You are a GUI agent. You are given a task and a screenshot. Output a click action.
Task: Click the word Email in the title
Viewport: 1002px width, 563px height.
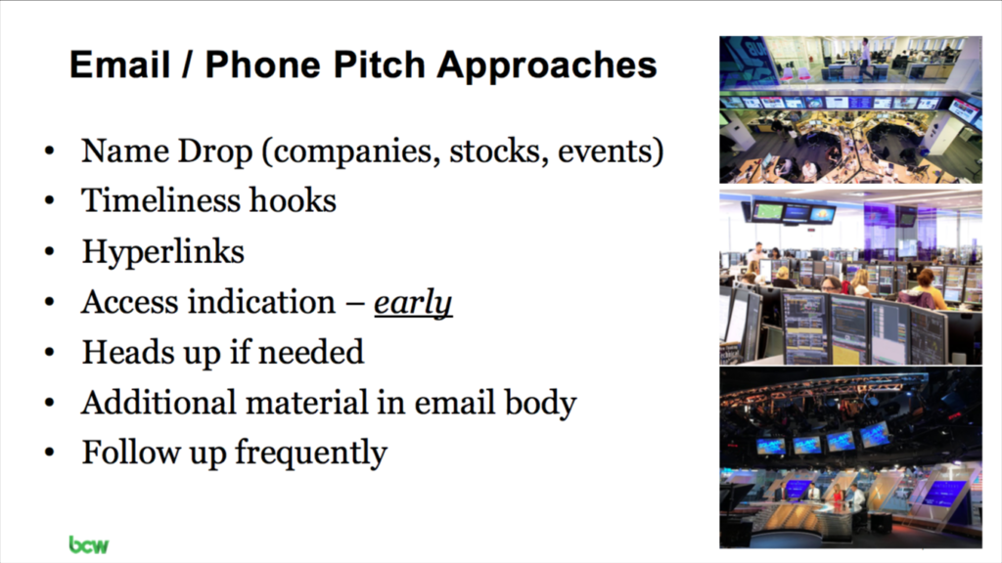coord(120,65)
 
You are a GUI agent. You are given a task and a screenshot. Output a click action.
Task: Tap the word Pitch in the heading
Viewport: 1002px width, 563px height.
coord(380,65)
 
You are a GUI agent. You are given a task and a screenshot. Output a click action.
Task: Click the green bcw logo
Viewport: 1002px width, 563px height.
coord(89,544)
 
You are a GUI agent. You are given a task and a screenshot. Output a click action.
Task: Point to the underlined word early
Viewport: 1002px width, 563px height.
coord(413,303)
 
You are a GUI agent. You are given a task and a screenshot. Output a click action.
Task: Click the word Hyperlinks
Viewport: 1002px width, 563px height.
coord(163,252)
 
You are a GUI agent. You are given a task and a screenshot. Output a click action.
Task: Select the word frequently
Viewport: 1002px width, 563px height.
coord(311,454)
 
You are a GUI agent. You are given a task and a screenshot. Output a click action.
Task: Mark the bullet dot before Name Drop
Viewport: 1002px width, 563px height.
coord(50,152)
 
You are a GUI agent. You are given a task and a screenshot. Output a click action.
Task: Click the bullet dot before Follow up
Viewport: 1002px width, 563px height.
coord(50,454)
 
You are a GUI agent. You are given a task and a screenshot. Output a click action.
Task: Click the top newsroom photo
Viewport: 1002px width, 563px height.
coord(850,109)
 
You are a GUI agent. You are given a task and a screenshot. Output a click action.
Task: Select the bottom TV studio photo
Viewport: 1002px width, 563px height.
coord(850,457)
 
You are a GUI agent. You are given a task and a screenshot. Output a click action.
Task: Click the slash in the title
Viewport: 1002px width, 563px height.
coord(187,65)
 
